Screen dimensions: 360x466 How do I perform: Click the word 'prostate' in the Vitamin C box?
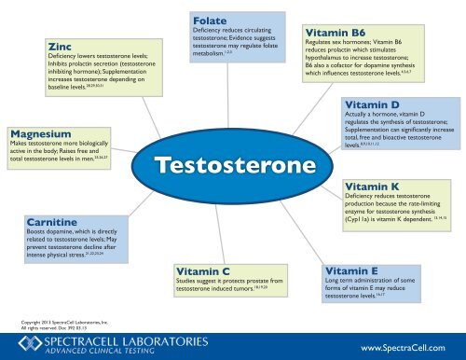[273, 281]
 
